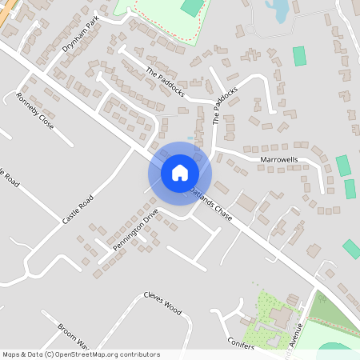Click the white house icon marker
(179, 172)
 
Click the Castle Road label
(78, 208)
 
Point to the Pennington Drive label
(136, 230)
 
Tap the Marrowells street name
(279, 160)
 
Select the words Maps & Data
(20, 354)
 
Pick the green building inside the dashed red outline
(192, 7)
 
